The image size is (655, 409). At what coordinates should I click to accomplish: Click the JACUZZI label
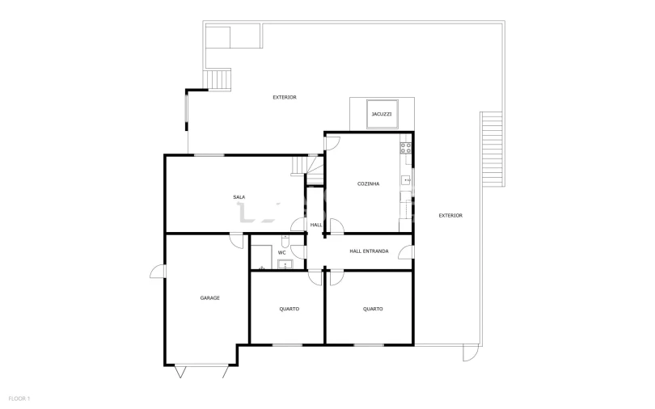tap(382, 114)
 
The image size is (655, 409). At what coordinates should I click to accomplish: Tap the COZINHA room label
tap(369, 183)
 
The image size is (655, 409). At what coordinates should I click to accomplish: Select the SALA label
tap(239, 197)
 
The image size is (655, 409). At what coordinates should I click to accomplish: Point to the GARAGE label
tap(209, 298)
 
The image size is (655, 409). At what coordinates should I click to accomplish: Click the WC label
tap(282, 252)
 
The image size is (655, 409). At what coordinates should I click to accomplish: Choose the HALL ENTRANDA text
tap(369, 251)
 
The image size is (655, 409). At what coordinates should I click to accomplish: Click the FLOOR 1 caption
tap(19, 399)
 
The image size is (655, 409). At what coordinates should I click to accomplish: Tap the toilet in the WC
tap(285, 242)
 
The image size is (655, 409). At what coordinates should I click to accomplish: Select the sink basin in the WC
tap(285, 264)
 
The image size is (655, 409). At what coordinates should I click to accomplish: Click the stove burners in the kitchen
tap(406, 148)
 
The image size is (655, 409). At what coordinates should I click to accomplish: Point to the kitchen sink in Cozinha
tap(406, 180)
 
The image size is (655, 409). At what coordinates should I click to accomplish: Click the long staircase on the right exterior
tap(492, 149)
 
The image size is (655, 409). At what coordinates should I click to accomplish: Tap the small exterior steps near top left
tap(218, 79)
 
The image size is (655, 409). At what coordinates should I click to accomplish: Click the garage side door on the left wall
tap(158, 272)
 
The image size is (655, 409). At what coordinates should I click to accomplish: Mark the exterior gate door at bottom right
tap(471, 353)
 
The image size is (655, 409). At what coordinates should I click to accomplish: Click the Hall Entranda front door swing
tap(406, 252)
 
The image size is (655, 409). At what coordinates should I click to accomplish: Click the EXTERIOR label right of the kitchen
tap(450, 216)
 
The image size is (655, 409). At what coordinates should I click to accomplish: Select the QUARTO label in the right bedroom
tap(373, 310)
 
